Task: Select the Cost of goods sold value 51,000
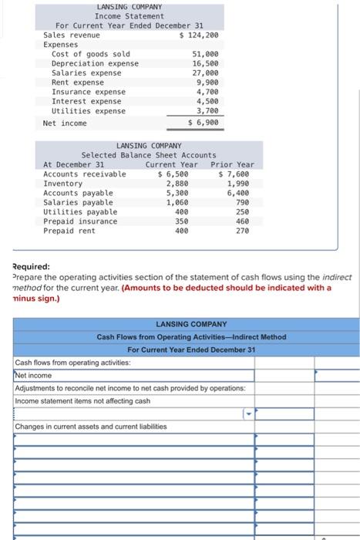(204, 54)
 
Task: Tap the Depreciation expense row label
(95, 63)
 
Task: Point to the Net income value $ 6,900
(204, 123)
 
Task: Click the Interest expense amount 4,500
(207, 101)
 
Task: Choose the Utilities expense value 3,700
(207, 111)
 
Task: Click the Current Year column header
(171, 164)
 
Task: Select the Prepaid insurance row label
(80, 221)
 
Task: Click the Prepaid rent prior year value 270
(243, 231)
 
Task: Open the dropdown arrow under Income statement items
(249, 414)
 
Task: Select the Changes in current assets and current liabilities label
(90, 427)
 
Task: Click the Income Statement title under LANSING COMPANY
(129, 15)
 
